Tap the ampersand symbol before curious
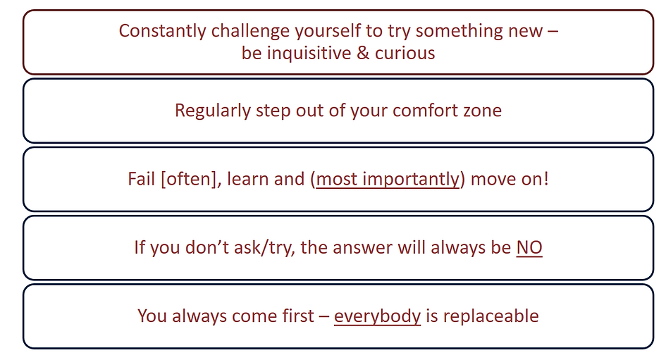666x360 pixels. (363, 54)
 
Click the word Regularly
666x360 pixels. (213, 111)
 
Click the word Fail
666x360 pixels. (141, 179)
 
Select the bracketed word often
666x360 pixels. (189, 179)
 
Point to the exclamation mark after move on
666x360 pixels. (546, 179)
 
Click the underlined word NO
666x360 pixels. (529, 247)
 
